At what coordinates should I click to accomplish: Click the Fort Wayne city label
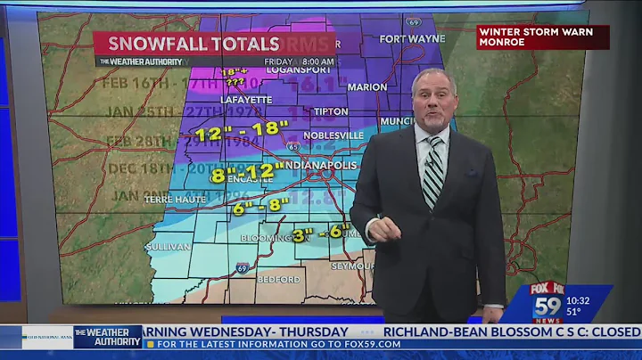pos(411,38)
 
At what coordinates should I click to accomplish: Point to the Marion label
pos(367,87)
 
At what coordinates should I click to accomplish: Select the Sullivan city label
pos(167,246)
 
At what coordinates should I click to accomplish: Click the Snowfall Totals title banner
pos(194,43)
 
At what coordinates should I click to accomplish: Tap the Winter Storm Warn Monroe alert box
pos(542,37)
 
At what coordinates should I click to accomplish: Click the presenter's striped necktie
pos(432,172)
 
